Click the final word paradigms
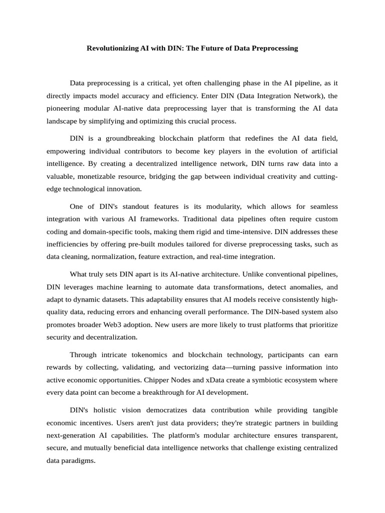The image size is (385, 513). click(x=78, y=460)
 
